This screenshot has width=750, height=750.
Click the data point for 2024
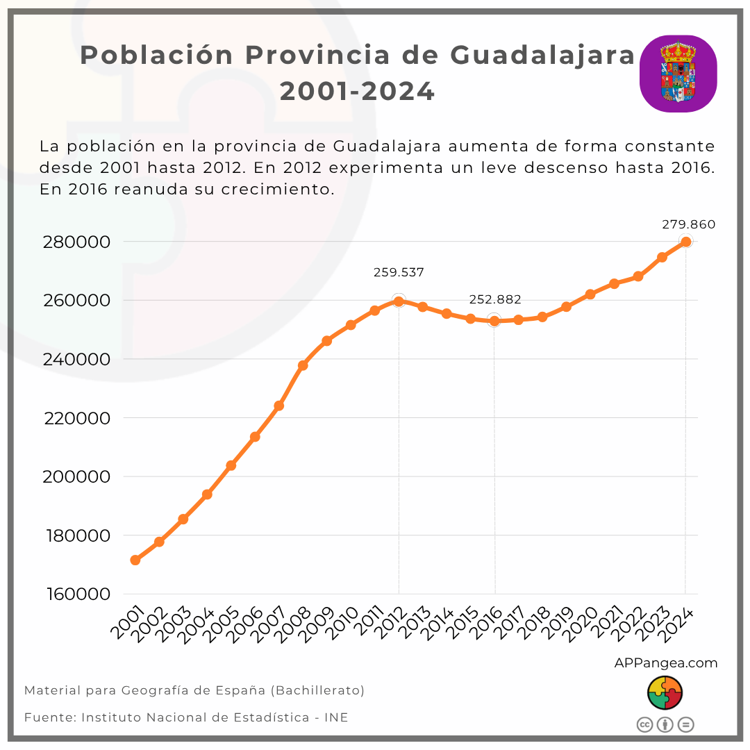tap(685, 242)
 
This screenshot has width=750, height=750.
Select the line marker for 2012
tap(399, 301)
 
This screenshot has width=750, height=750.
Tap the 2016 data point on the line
tap(494, 320)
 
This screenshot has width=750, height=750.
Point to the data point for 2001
tap(135, 560)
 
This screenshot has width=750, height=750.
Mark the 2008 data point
tap(303, 365)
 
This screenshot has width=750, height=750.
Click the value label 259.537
tap(399, 272)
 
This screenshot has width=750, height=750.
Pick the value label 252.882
tap(494, 299)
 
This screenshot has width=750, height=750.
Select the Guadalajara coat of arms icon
tap(678, 74)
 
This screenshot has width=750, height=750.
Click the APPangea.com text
tap(665, 663)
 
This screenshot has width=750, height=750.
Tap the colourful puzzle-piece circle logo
tap(665, 694)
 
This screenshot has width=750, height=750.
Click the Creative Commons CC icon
tap(644, 725)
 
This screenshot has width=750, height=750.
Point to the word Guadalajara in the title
tap(542, 55)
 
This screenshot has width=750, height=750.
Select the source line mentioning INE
tap(186, 717)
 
